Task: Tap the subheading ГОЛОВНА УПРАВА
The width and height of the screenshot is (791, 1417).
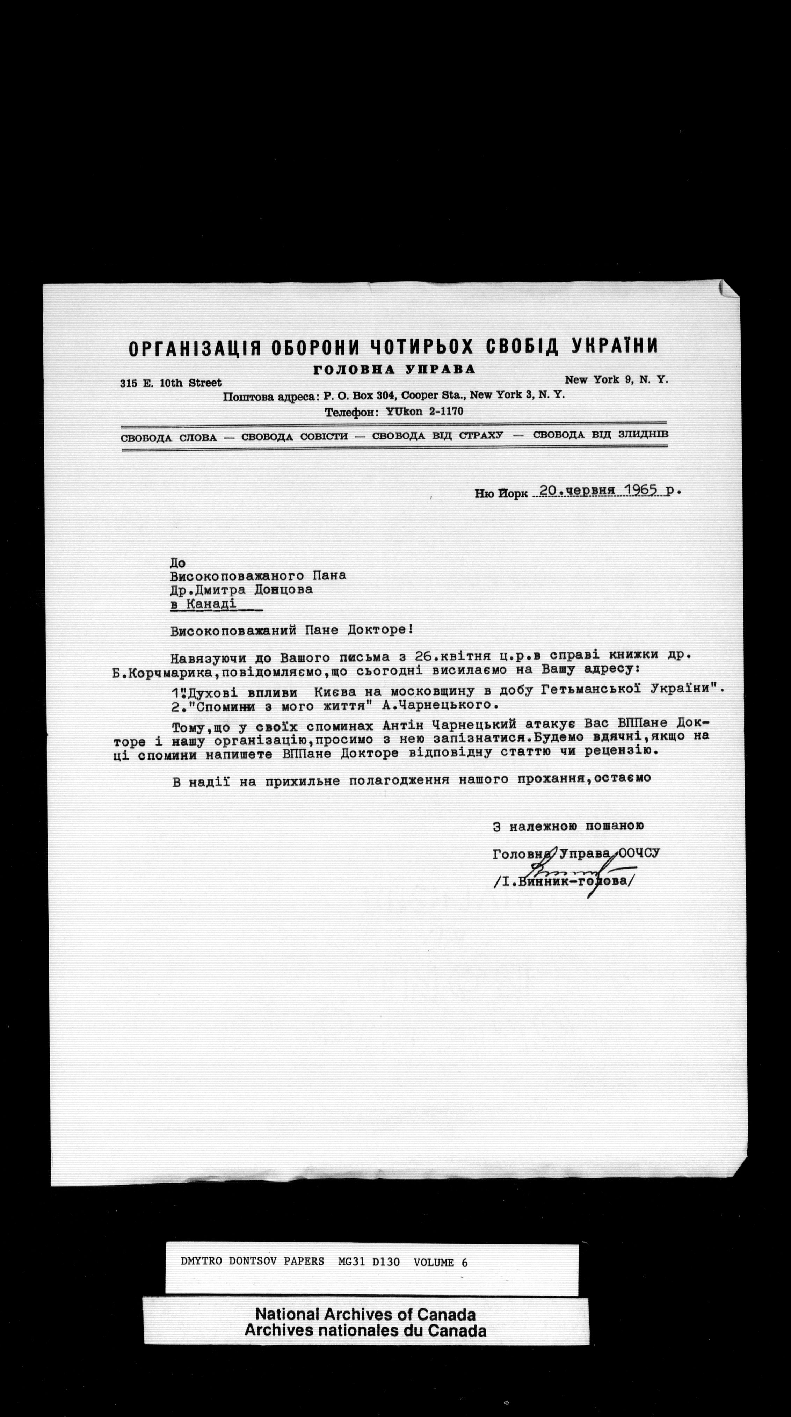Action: pos(394,370)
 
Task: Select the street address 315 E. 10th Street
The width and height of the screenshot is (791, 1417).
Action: pos(170,383)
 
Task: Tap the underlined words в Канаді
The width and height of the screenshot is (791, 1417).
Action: pos(204,604)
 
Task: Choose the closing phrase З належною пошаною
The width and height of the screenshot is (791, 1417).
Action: pos(568,826)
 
